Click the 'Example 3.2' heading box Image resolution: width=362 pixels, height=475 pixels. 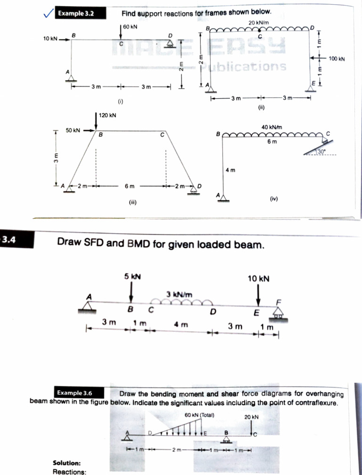tap(76, 13)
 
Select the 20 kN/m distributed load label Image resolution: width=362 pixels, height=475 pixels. tap(258, 23)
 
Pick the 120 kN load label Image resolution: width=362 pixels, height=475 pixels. tap(108, 115)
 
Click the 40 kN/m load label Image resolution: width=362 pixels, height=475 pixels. tap(271, 126)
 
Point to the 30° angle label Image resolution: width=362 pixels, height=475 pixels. tap(321, 152)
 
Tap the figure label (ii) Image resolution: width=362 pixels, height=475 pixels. tap(262, 107)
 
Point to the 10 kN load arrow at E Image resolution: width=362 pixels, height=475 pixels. tap(258, 297)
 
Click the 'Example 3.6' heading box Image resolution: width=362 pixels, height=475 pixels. tap(74, 393)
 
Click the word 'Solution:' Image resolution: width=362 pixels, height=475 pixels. tap(66, 463)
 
